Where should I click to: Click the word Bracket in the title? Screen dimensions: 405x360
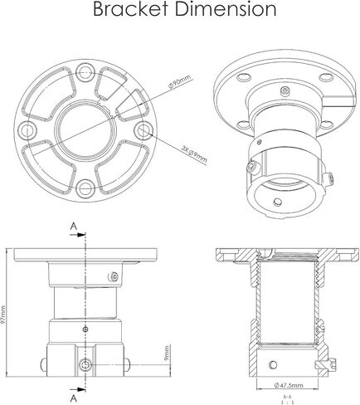(x=131, y=10)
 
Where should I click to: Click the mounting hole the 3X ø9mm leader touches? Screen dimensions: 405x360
(x=145, y=131)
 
